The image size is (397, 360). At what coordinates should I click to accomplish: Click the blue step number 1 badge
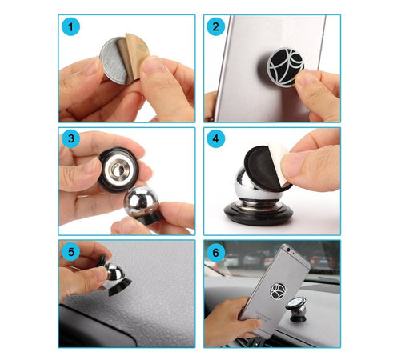click(70, 26)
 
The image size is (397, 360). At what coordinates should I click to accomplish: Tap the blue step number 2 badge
click(215, 26)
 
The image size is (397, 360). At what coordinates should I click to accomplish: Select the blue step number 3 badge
click(70, 138)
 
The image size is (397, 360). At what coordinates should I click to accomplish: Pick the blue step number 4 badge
click(215, 138)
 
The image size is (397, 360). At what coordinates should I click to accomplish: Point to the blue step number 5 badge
click(70, 252)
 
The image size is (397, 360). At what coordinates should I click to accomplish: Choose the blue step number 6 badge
click(215, 253)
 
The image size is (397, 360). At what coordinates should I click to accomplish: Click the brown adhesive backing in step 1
click(134, 54)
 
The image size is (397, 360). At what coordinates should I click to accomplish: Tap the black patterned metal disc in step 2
click(286, 66)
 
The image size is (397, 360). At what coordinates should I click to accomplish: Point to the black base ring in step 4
click(259, 214)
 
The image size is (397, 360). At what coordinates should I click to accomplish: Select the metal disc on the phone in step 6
click(278, 291)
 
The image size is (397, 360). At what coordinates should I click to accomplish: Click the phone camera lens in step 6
click(288, 250)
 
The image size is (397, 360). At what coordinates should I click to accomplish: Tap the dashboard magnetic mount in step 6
click(297, 309)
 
